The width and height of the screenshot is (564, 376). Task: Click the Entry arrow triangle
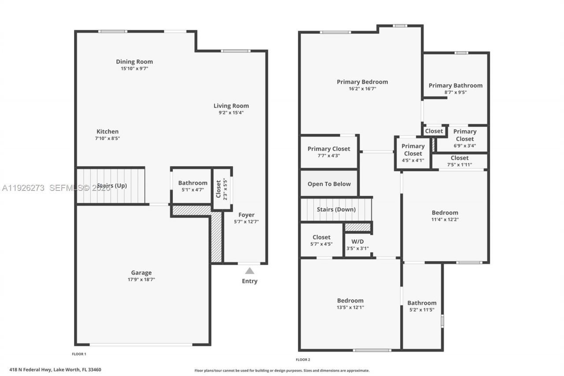tap(250, 271)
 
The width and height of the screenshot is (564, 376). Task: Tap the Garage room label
tap(141, 273)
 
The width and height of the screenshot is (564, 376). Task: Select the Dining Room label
tap(134, 62)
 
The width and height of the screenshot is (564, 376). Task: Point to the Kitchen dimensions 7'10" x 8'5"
tap(108, 138)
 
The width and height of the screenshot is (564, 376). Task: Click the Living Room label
tap(231, 106)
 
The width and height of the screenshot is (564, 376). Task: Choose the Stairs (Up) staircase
tap(111, 186)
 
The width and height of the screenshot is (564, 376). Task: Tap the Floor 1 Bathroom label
tap(193, 183)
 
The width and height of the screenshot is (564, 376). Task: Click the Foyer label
tap(246, 215)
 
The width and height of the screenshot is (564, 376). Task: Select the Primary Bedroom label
tap(362, 82)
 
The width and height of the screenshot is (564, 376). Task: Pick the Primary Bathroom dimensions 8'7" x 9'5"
tap(455, 93)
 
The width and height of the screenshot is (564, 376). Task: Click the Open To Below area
tap(329, 184)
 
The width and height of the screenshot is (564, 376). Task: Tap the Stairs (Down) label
tap(336, 209)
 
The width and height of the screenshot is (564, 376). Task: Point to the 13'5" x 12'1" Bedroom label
tap(351, 301)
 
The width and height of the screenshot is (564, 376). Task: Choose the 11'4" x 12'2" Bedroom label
tap(445, 212)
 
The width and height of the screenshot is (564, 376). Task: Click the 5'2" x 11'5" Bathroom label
tap(422, 303)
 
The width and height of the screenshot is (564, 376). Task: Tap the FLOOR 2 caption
tap(303, 360)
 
